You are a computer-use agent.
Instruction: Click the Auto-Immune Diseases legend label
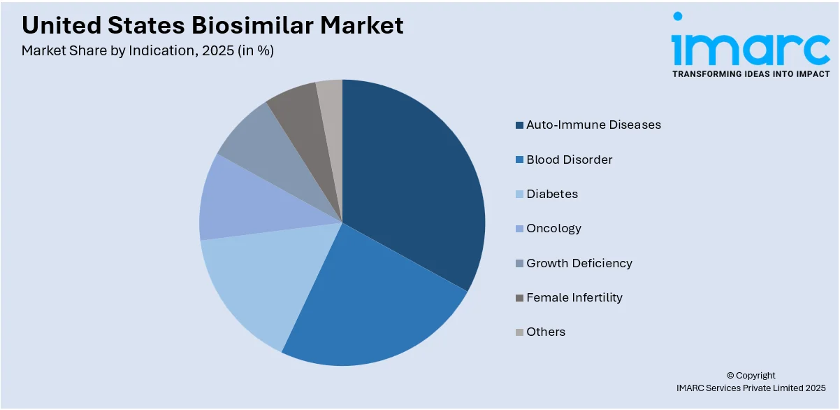tap(593, 125)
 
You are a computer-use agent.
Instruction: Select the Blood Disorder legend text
tap(569, 160)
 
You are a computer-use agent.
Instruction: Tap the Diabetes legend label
tap(552, 194)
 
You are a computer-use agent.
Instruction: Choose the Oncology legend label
tap(553, 228)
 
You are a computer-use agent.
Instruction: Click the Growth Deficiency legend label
tap(579, 263)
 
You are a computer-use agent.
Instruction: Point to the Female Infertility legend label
tap(574, 297)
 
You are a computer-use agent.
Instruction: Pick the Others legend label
tap(546, 332)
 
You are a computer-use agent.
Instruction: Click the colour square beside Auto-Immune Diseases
tap(519, 125)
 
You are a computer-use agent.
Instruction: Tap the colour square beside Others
tap(519, 332)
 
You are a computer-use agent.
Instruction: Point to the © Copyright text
tap(751, 375)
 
